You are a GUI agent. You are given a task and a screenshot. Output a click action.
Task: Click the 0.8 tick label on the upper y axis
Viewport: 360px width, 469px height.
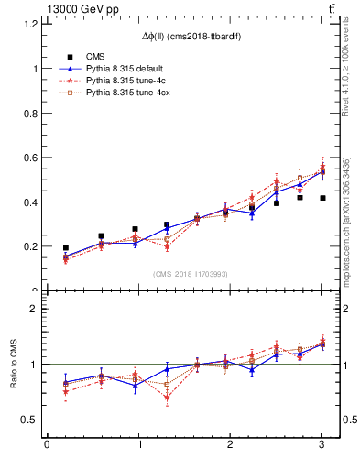31,113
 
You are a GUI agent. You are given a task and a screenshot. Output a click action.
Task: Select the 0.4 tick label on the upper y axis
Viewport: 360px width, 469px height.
31,202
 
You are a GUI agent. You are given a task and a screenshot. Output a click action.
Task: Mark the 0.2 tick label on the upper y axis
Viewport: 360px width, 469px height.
31,246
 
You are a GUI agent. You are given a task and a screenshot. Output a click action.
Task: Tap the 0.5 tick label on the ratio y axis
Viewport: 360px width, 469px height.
31,420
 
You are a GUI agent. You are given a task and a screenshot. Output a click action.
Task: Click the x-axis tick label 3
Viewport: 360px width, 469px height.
322,446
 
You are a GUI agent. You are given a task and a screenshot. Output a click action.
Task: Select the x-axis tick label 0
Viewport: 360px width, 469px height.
47,446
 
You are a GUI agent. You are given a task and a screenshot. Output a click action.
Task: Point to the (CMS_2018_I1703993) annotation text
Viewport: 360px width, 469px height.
191,274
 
